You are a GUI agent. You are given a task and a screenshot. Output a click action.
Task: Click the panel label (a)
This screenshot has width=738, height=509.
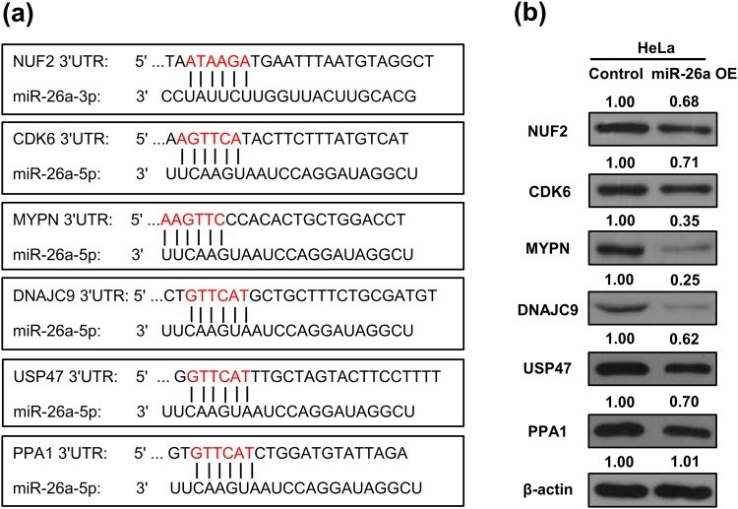coord(23,15)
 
